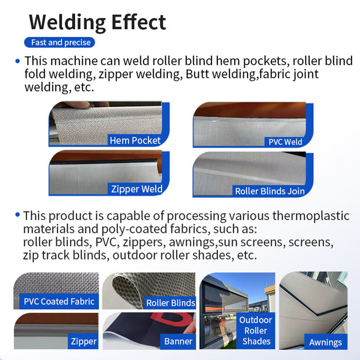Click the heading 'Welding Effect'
(x=97, y=21)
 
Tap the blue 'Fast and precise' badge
(x=61, y=43)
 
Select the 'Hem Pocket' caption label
(x=135, y=140)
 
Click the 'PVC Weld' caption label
(x=285, y=142)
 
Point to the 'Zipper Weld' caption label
(x=136, y=189)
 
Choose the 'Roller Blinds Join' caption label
(x=270, y=191)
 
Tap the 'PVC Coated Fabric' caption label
(x=59, y=301)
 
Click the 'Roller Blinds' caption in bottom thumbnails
(x=171, y=303)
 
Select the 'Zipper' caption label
(x=84, y=342)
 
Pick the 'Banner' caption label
(x=178, y=342)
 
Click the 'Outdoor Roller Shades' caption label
(x=256, y=330)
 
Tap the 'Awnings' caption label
(x=325, y=342)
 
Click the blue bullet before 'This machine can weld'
(x=18, y=61)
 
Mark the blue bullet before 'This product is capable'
(x=18, y=215)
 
